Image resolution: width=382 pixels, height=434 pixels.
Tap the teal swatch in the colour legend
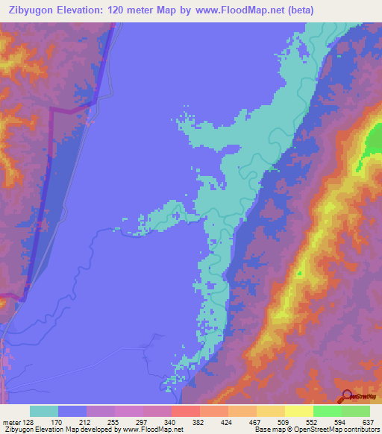[44, 411]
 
